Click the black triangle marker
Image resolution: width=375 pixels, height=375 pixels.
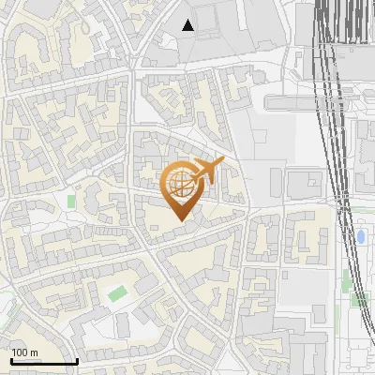[188, 25]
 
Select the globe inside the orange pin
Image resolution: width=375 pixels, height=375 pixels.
[179, 184]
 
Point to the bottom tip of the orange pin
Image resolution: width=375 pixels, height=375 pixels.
[181, 221]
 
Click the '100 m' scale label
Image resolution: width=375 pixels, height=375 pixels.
[24, 352]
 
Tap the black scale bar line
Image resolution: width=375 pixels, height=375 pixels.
[44, 361]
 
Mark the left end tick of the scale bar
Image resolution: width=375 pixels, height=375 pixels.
[11, 359]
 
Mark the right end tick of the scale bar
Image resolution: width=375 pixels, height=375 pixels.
[77, 359]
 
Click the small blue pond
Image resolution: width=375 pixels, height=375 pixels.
[362, 234]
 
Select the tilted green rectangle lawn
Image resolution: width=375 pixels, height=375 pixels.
[116, 293]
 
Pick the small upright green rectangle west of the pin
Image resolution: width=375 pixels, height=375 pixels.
[71, 201]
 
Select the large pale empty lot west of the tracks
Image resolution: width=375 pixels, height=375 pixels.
[253, 150]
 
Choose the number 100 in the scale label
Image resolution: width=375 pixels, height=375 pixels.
[20, 352]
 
